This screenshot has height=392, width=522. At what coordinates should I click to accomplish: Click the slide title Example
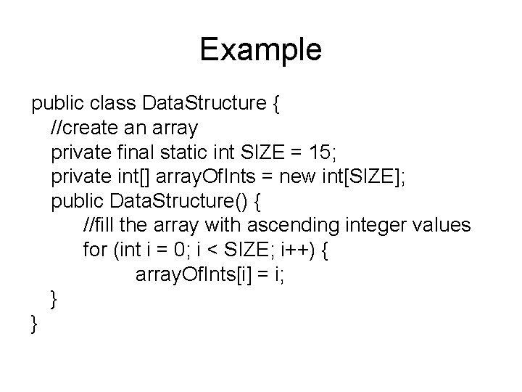pos(260,50)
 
